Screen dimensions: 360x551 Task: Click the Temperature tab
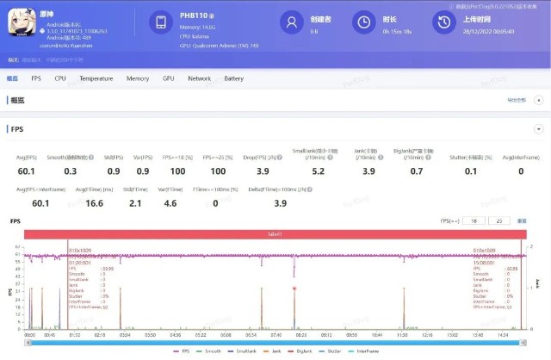pos(96,78)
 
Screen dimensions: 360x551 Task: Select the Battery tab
pos(233,78)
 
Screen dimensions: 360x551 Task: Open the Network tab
pos(199,78)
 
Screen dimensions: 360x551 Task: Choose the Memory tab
pos(138,78)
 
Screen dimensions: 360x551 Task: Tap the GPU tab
pos(168,78)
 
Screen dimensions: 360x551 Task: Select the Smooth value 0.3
pos(71,171)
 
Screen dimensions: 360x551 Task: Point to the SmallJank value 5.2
pos(318,171)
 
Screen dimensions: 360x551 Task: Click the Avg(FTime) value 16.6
pos(95,203)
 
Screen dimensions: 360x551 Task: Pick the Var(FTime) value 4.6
pos(170,203)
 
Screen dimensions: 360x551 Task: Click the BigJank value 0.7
pos(417,171)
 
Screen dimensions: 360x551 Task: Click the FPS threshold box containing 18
pos(471,221)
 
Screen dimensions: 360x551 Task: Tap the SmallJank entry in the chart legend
pos(244,351)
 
